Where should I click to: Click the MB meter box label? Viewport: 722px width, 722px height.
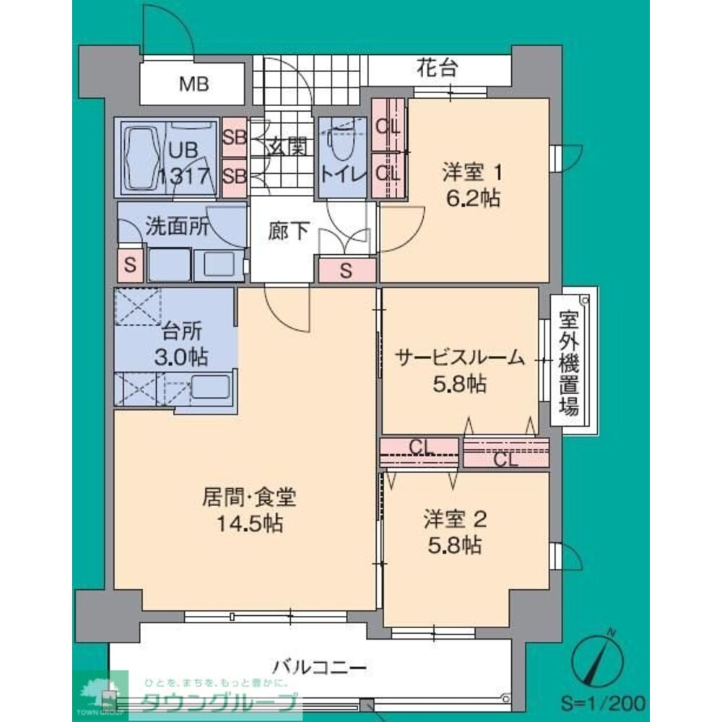coord(194,84)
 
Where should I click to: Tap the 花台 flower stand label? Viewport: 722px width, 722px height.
coord(437,69)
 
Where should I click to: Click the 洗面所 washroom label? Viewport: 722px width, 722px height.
coord(177,226)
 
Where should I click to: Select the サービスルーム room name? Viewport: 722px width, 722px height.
coord(459,359)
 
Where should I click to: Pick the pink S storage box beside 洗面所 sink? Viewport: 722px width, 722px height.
coord(130,264)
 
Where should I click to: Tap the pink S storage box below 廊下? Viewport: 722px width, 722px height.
coord(347,271)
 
